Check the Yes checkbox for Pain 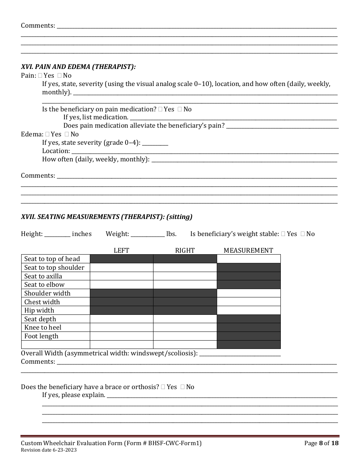point(40,76)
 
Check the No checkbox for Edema point(67,134)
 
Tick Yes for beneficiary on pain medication point(160,109)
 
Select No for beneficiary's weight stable point(302,234)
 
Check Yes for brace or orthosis point(163,387)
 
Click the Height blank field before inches point(57,234)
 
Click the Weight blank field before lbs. point(147,234)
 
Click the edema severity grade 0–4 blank point(155,143)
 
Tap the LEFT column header point(121,250)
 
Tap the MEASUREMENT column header point(248,250)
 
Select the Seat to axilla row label point(43,276)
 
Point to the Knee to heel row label point(43,327)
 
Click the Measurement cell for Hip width point(249,310)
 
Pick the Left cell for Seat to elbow point(121,285)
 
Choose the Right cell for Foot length point(185,336)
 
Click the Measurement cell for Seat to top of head point(249,259)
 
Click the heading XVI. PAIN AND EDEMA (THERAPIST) point(78,67)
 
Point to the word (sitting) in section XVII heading point(179,217)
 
